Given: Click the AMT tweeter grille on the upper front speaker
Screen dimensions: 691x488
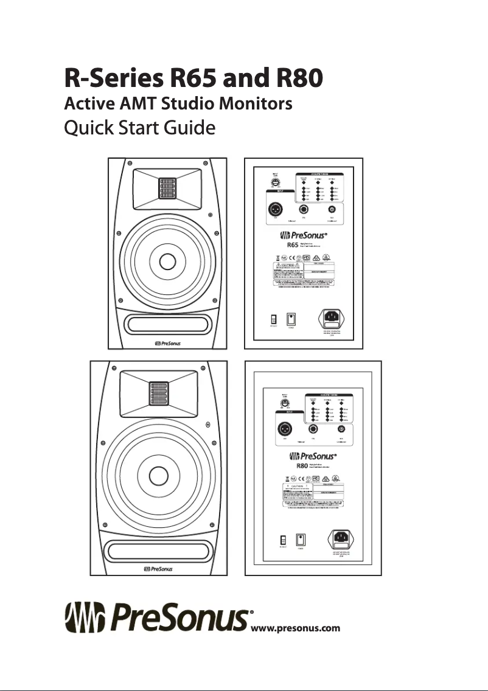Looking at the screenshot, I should pos(168,189).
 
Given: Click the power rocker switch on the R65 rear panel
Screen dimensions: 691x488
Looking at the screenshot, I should pos(291,319).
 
